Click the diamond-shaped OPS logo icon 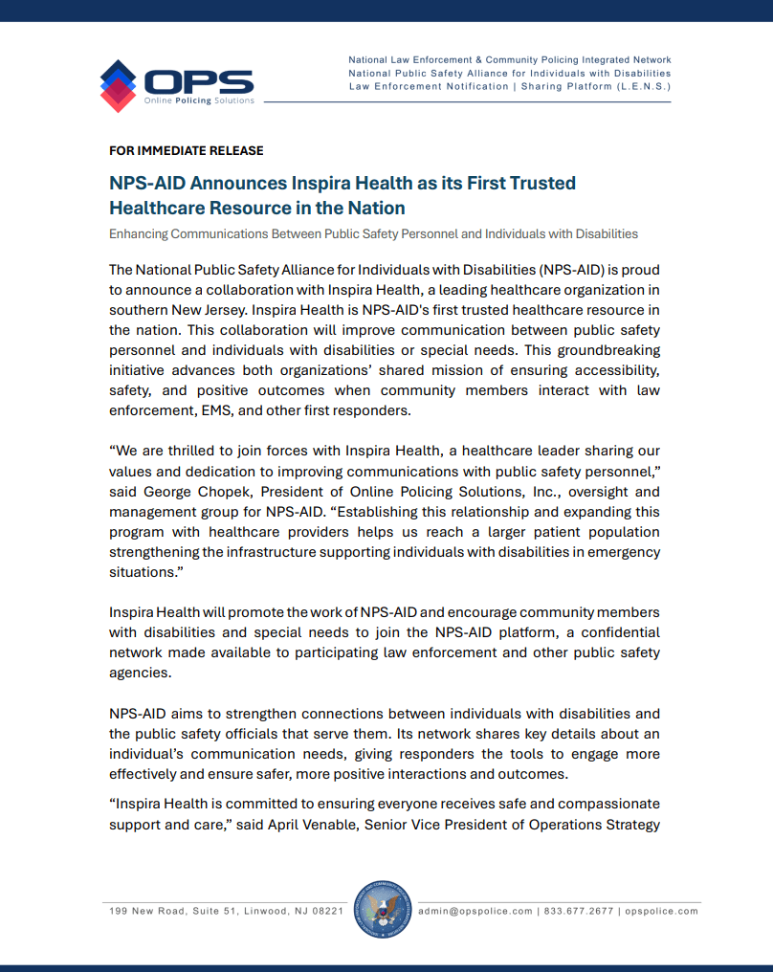[118, 85]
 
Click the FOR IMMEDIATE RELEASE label [187, 151]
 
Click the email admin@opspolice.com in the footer [475, 911]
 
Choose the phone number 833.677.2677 [578, 911]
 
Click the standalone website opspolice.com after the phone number [661, 911]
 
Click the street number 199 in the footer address [118, 911]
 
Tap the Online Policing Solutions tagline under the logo [199, 100]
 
